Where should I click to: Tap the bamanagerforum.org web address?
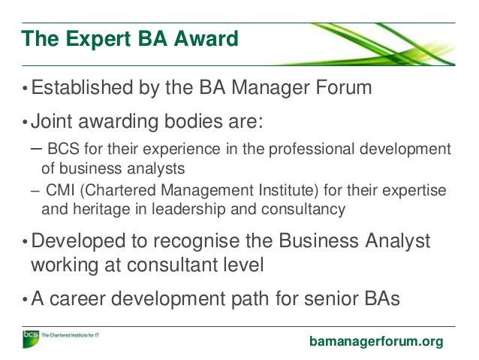[376, 343]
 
